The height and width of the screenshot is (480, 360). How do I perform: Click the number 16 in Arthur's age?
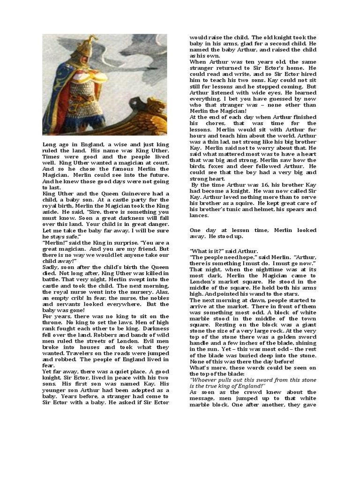[249, 185]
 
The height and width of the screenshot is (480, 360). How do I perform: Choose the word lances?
[199, 215]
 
